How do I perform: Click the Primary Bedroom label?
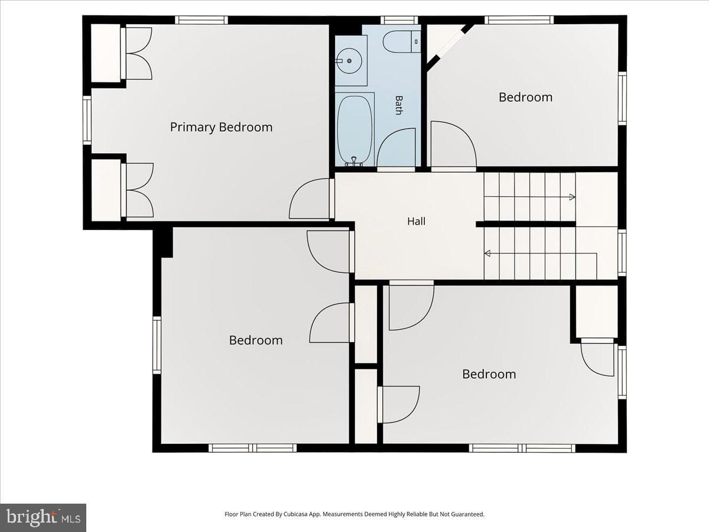(221, 127)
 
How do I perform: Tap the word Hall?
(416, 221)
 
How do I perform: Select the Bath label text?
(399, 105)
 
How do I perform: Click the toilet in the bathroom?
(402, 42)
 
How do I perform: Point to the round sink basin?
(349, 61)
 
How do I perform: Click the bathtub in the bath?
(354, 129)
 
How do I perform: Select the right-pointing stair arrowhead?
(572, 197)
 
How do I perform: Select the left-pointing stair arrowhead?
(487, 254)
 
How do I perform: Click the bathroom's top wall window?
(399, 20)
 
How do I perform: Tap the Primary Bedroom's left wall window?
(87, 120)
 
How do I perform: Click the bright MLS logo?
(43, 518)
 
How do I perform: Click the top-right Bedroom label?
(525, 97)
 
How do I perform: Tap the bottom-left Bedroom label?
(256, 340)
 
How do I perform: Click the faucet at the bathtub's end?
(354, 161)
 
